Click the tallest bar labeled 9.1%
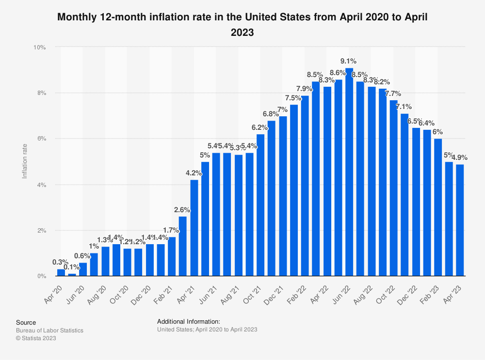[x=349, y=172]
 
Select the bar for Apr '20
[x=61, y=273]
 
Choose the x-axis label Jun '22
[x=341, y=293]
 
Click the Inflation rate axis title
[x=25, y=161]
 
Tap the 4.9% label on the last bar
[x=459, y=157]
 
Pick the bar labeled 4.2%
[x=194, y=228]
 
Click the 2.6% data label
[x=182, y=210]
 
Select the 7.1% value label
[x=404, y=107]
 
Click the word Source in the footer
[x=26, y=322]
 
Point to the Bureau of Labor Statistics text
[x=49, y=330]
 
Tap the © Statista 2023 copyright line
[x=36, y=338]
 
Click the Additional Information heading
[x=189, y=321]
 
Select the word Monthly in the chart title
[x=76, y=17]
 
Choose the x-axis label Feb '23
[x=430, y=293]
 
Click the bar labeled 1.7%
[x=172, y=256]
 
